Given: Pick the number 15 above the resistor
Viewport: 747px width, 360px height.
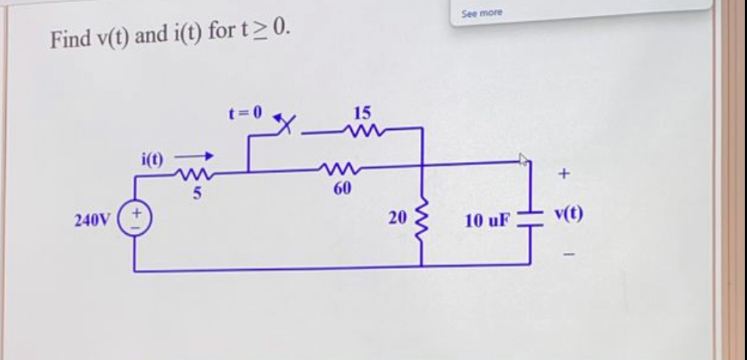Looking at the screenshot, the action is tap(363, 114).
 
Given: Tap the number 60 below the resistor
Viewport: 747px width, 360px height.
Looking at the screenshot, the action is tap(342, 189).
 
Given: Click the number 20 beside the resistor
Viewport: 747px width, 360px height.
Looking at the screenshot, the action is tap(397, 218).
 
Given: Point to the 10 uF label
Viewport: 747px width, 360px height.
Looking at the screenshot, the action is tap(487, 221).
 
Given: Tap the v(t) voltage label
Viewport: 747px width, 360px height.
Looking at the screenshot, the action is tap(568, 216).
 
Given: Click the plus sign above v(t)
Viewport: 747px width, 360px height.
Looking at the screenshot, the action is tap(564, 175).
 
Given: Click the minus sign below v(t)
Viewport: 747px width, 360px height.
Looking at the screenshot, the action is tap(567, 256).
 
